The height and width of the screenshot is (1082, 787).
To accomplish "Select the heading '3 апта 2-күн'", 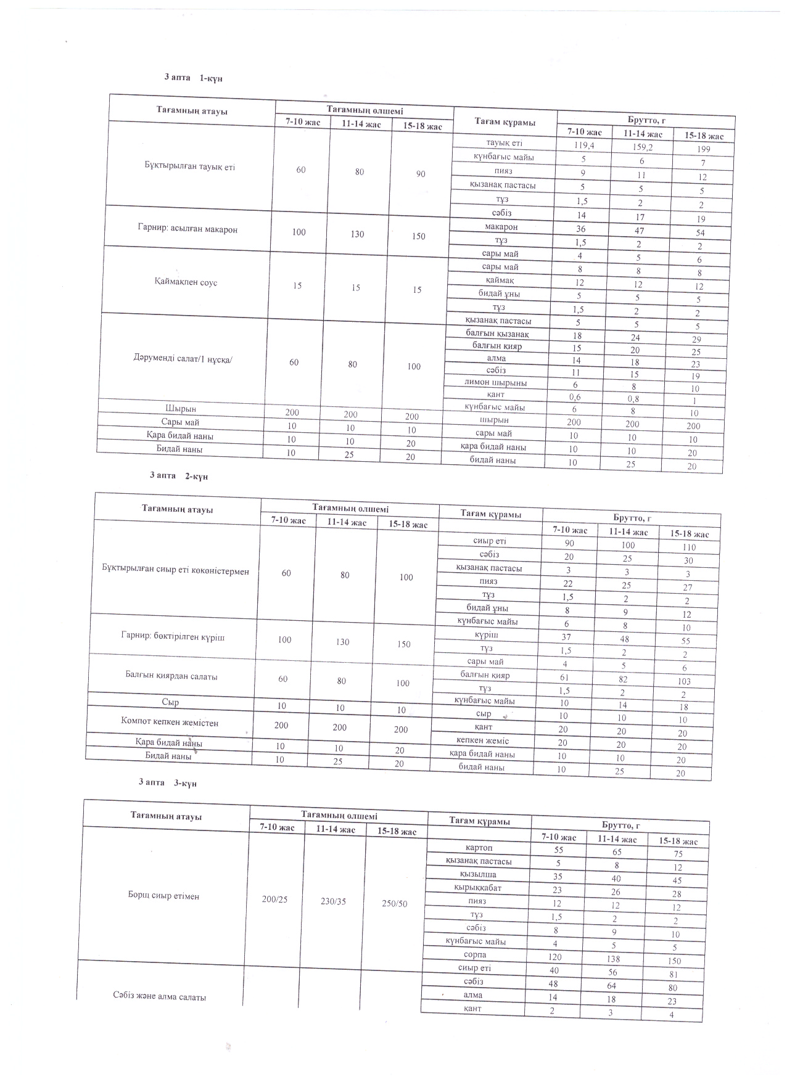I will (x=179, y=476).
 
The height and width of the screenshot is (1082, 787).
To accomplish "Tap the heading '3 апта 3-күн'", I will (x=167, y=782).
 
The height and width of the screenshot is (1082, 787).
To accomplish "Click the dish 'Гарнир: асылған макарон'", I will (x=187, y=229).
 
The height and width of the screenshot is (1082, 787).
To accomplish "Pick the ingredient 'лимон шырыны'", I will (x=496, y=382).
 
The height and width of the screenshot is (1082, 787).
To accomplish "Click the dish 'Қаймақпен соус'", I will (x=186, y=282).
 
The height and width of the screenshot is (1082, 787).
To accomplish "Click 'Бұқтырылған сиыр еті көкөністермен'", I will (x=175, y=572).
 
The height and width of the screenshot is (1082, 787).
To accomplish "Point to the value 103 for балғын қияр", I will (x=683, y=681).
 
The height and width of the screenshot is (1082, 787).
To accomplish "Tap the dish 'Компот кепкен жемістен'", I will (x=170, y=723).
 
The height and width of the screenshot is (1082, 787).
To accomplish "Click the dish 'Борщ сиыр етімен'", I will (x=160, y=896).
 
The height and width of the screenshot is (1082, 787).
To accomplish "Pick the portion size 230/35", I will (x=333, y=901).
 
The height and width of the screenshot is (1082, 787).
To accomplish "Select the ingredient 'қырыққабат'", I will (x=477, y=888).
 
